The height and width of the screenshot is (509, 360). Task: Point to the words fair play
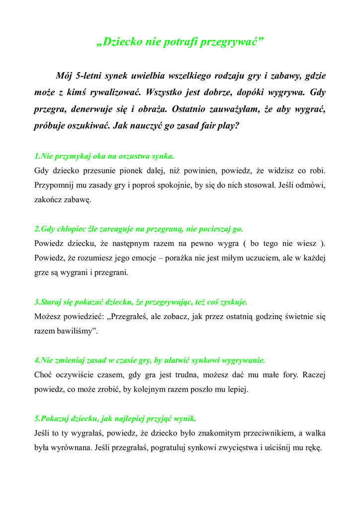224,126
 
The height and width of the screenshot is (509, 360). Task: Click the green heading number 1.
37,156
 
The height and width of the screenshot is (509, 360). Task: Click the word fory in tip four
286,374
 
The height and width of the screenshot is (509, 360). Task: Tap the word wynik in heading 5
185,418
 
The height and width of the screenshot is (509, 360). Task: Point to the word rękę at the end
313,447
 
